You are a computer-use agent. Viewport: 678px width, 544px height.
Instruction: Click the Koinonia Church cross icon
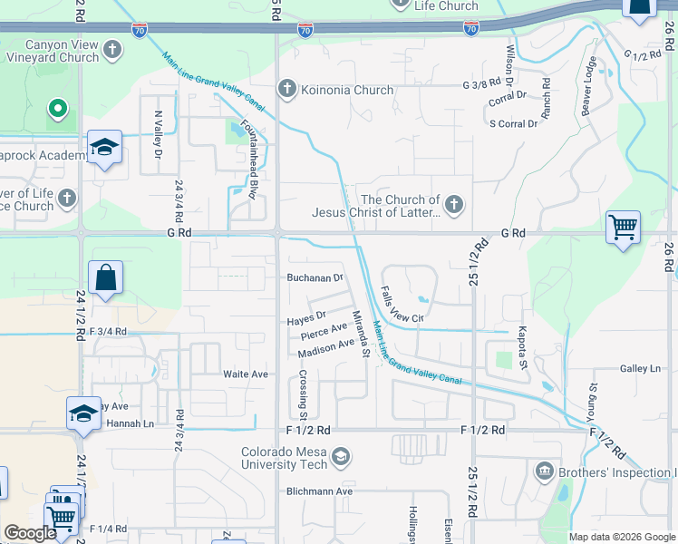tap(287, 89)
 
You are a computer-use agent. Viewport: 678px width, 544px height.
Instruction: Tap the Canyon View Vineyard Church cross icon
tap(112, 49)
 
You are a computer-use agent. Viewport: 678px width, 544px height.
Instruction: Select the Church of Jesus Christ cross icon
tap(454, 206)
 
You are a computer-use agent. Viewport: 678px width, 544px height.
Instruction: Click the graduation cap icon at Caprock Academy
tap(104, 148)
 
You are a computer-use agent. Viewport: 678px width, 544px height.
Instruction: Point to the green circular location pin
tap(58, 110)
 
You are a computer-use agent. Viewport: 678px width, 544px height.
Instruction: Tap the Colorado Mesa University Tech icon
tap(341, 457)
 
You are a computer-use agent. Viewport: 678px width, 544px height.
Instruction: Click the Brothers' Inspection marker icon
tap(545, 471)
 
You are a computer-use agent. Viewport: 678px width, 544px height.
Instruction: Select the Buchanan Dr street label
tap(315, 278)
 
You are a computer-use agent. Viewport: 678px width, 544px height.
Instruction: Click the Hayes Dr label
tap(306, 316)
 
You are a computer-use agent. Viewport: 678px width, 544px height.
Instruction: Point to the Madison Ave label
tap(325, 347)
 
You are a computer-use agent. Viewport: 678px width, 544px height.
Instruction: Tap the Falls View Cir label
tap(400, 305)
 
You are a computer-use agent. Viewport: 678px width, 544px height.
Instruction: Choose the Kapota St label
tap(523, 349)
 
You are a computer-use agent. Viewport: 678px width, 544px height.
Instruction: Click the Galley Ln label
tap(641, 369)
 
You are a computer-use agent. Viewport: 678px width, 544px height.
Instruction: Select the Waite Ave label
tap(246, 374)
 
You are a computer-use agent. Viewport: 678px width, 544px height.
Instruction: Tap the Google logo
tap(30, 533)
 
